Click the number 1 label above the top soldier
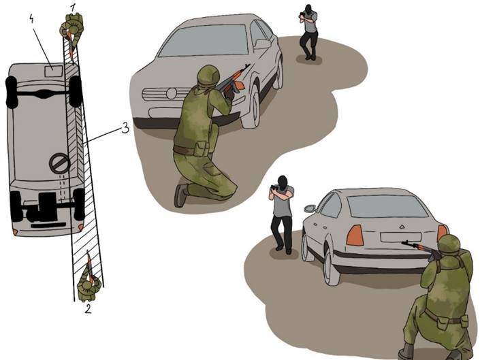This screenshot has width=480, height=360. [x=72, y=8]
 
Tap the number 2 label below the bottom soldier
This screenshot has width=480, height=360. [x=88, y=309]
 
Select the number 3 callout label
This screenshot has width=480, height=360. [x=125, y=127]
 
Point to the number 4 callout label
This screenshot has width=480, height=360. [x=32, y=19]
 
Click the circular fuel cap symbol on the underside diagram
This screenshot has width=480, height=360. [x=60, y=163]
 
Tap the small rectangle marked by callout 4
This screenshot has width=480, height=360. [x=53, y=71]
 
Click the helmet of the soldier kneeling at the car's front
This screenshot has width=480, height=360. [x=208, y=76]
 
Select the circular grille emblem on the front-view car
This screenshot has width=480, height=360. [x=172, y=94]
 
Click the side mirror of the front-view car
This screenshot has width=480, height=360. [x=263, y=44]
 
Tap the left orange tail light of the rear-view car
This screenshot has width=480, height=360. [x=355, y=235]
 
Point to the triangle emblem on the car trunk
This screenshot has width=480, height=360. [x=402, y=227]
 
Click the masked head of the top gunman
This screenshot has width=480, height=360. [x=308, y=10]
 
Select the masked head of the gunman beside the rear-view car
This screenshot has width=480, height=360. [x=283, y=182]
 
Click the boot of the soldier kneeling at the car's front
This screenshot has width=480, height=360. [x=180, y=195]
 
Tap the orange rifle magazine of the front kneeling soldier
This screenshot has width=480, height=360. [x=238, y=85]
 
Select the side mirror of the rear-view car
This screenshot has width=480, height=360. [x=310, y=208]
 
